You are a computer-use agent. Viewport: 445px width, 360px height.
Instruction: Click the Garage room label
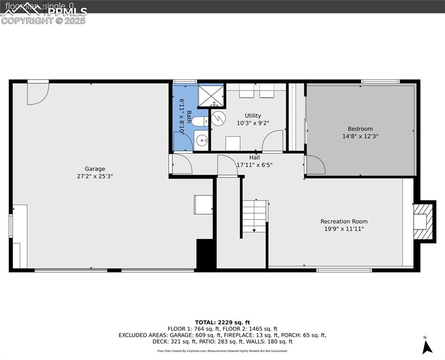[x=95, y=169]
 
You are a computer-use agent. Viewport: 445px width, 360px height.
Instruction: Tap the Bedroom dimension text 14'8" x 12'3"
[x=360, y=136]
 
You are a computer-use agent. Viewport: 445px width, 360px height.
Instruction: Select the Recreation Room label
[x=344, y=221]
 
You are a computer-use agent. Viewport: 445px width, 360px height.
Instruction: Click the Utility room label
[x=253, y=115]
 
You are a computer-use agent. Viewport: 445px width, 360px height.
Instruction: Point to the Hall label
[x=254, y=157]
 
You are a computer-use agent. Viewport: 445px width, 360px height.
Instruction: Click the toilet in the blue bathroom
[x=199, y=122]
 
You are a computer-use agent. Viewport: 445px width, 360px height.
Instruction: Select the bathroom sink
[x=201, y=140]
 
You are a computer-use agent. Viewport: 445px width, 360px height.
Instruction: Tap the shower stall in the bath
[x=211, y=95]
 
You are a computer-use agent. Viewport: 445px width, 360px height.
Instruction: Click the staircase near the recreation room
[x=254, y=216]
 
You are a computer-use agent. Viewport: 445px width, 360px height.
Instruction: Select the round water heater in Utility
[x=218, y=118]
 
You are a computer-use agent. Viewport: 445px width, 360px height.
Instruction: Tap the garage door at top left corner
[x=37, y=93]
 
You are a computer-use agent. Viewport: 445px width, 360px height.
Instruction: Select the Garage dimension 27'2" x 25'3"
[x=95, y=176]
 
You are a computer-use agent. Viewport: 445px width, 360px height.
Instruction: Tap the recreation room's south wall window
[x=344, y=270]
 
